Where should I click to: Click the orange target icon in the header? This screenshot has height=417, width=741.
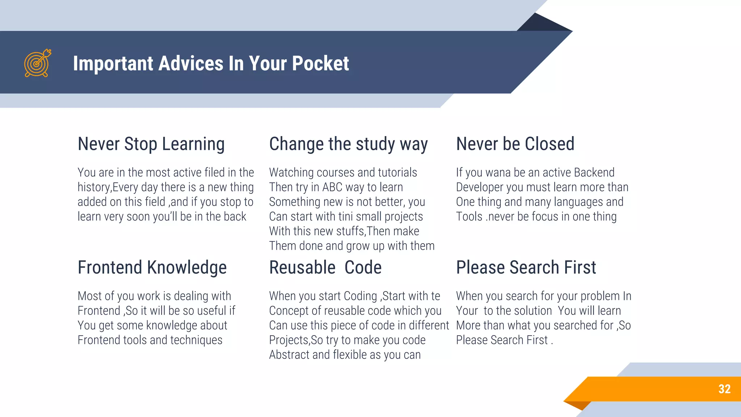(37, 63)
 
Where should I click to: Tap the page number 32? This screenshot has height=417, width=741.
(724, 389)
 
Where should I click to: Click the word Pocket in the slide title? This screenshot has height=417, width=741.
(320, 63)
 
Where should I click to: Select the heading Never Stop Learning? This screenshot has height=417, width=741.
(151, 144)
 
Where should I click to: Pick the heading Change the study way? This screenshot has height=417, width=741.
(348, 144)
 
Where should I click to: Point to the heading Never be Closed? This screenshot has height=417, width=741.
(515, 144)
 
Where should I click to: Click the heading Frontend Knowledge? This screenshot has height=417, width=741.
(152, 268)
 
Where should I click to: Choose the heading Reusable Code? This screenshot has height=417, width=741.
(325, 268)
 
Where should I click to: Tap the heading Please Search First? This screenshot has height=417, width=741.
(526, 268)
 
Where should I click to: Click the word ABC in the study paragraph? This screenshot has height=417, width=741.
(332, 187)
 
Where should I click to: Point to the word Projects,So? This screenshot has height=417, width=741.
(296, 340)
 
